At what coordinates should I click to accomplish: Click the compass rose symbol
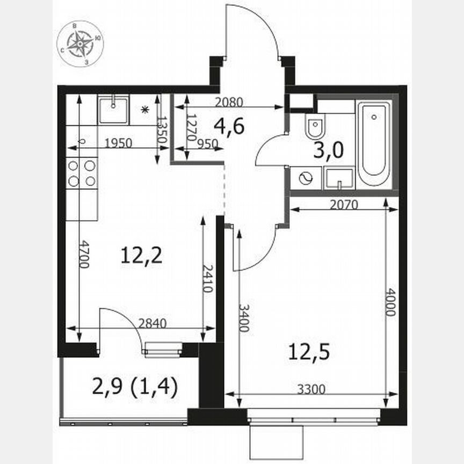point(81,44)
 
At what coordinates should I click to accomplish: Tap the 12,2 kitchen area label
point(141,256)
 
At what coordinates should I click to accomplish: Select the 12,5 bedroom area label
point(308,352)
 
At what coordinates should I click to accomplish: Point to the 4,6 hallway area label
point(229,127)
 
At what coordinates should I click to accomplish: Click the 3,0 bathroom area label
point(328,150)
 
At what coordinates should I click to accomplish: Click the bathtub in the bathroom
point(374,144)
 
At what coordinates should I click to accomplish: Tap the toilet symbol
point(314,127)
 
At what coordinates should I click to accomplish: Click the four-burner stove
point(82,173)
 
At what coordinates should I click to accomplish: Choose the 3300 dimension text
point(311,389)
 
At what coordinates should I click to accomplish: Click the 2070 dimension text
point(345,204)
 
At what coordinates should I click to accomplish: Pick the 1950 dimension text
point(119,143)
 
